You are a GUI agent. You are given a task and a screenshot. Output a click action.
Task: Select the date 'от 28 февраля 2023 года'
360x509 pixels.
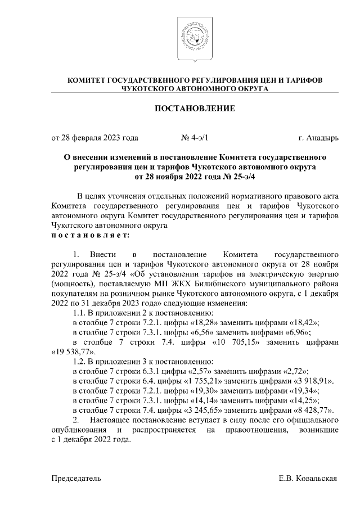coord(94,137)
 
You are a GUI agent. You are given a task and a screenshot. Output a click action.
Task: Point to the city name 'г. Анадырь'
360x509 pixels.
coord(318,137)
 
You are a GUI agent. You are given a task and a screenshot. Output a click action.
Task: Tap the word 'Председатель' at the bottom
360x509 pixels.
coord(76,478)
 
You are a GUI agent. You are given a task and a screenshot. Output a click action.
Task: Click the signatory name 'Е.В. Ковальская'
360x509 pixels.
coord(308,478)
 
